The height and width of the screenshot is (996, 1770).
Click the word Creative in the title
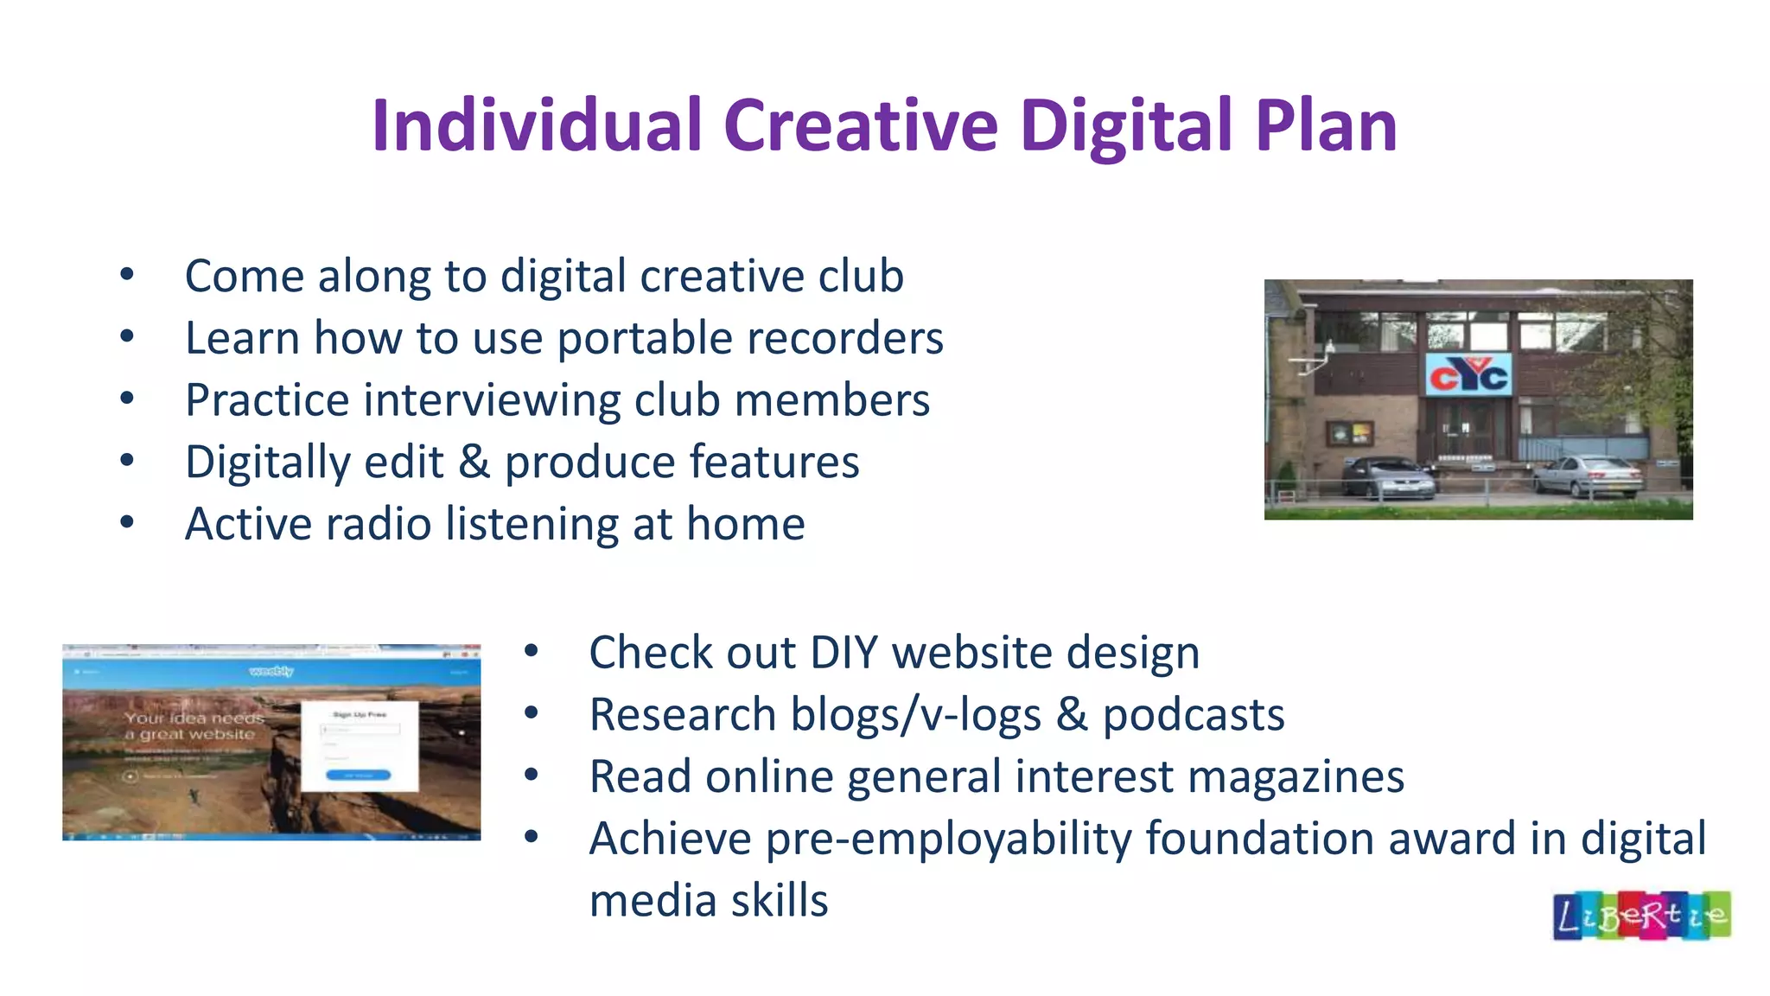click(860, 126)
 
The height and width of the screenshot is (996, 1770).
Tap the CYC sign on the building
click(1468, 374)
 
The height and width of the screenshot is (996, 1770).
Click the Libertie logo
click(1641, 916)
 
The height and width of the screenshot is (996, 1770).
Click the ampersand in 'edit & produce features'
click(474, 462)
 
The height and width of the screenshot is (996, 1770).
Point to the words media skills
click(708, 901)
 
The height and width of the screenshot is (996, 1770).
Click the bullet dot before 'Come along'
click(127, 276)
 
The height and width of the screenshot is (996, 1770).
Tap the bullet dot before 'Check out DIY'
click(531, 652)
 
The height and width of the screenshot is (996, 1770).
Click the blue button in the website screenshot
click(358, 776)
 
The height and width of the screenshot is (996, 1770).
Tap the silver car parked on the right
click(1589, 476)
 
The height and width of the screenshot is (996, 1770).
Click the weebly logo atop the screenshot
click(271, 671)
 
